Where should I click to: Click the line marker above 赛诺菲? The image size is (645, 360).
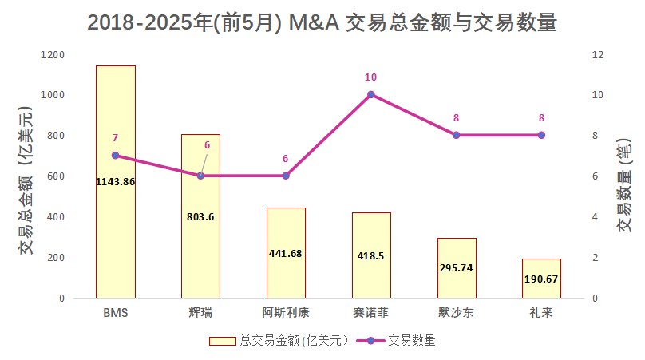click(x=371, y=95)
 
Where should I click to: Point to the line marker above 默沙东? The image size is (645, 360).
click(x=457, y=135)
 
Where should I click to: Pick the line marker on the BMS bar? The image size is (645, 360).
click(x=116, y=156)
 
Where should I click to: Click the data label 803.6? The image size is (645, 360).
click(x=200, y=216)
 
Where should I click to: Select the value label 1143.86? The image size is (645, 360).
click(x=116, y=181)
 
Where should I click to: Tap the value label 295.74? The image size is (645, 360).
click(x=457, y=267)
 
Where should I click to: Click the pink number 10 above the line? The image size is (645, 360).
click(x=370, y=77)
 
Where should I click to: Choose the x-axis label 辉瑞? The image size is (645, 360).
click(x=200, y=312)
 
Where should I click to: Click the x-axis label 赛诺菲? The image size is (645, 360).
click(x=371, y=312)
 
